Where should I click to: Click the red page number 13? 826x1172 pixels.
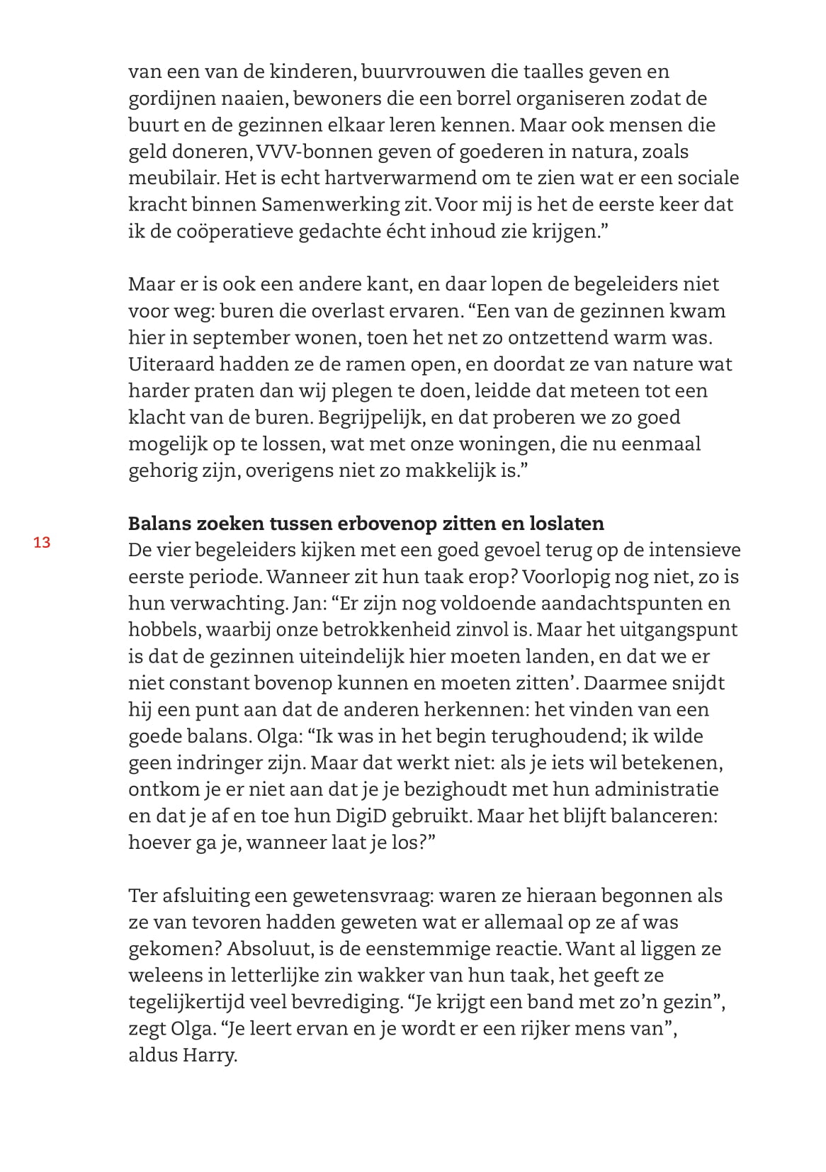(42, 543)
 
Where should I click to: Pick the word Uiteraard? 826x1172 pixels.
(171, 364)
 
